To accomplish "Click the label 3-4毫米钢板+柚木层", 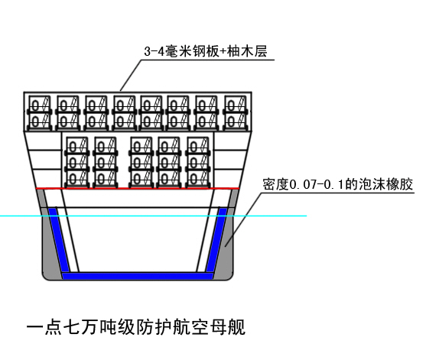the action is [206, 51].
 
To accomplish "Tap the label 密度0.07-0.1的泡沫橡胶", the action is [338, 184].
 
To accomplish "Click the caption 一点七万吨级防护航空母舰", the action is [136, 327].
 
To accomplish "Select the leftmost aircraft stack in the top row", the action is [40, 113].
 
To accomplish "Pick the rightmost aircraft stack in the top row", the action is [236, 113].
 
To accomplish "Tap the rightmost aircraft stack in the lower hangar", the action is [198, 162].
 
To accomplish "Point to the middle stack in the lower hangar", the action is [141, 162].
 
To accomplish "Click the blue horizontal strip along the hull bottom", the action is [138, 276].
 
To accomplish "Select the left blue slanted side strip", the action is [59, 240].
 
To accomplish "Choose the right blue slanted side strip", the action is [216, 240].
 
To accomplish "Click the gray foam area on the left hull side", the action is [49, 245].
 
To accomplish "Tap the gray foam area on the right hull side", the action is [226, 245].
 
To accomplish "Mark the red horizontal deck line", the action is [138, 188].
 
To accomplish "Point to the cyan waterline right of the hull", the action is [270, 216].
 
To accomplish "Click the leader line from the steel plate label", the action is [131, 75].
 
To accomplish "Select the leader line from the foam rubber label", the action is [243, 219].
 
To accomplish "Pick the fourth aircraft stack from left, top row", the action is [125, 113].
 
